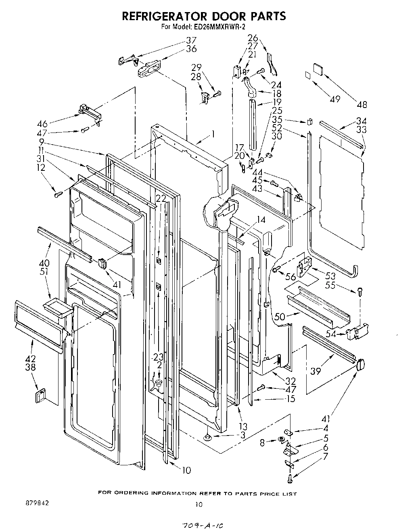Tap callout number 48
tap(362, 105)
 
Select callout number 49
tap(334, 99)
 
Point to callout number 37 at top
tap(191, 40)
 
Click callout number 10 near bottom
tap(186, 470)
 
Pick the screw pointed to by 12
tap(57, 195)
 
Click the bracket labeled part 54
tap(355, 331)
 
